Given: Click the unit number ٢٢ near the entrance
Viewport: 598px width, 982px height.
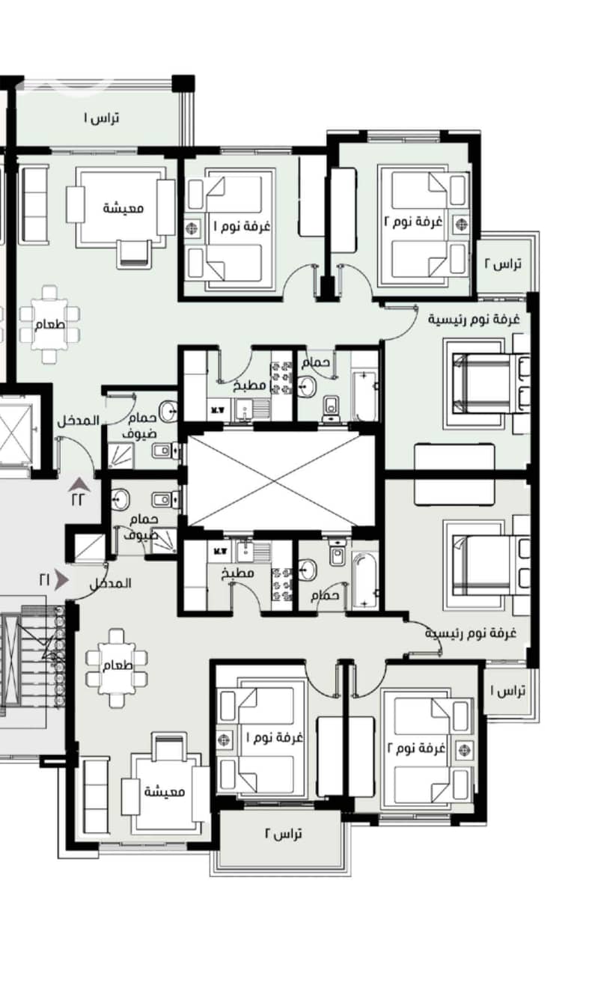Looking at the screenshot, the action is [78, 500].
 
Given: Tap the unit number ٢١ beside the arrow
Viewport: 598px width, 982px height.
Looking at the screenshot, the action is [45, 580].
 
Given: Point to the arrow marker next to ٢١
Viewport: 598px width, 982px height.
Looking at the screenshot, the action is [62, 580].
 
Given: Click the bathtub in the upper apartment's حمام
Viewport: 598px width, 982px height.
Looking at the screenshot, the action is [364, 395].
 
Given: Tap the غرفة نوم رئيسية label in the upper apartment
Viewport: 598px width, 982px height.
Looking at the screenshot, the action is [474, 319].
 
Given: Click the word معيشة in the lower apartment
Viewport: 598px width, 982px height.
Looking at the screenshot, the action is [165, 792].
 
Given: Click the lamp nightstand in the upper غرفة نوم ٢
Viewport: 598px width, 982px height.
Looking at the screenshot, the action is [461, 224].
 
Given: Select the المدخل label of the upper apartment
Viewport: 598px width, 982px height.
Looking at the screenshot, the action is [79, 421].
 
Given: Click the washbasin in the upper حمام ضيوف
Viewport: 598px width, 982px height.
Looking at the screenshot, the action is [168, 411].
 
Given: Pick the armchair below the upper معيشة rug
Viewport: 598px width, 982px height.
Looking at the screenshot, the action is [134, 254].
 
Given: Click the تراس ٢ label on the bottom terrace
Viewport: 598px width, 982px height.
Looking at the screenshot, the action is [283, 834].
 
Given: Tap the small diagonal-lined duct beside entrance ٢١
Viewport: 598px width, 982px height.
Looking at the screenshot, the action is [89, 548].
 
